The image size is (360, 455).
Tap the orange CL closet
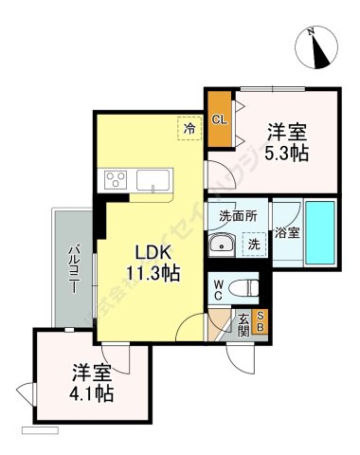click(x=219, y=119)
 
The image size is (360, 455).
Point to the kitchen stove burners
click(x=119, y=179)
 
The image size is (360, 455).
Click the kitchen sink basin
click(x=156, y=179)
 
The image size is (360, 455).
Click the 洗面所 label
click(x=237, y=215)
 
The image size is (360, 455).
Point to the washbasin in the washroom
click(x=223, y=244)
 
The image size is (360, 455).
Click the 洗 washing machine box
click(x=253, y=243)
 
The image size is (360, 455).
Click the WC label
click(x=218, y=286)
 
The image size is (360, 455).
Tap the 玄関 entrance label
click(x=243, y=323)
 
